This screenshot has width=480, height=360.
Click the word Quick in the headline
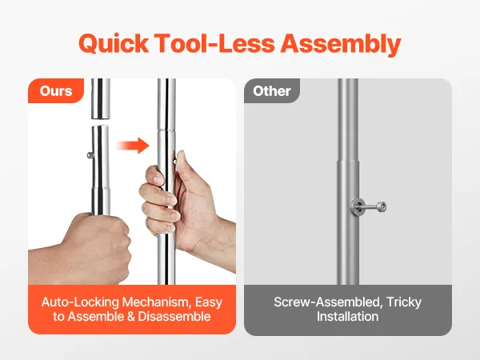(x=114, y=44)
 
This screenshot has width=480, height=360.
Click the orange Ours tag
(x=56, y=91)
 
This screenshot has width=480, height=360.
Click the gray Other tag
(x=272, y=91)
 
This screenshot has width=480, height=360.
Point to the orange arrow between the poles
(x=133, y=146)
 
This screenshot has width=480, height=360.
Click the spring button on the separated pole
(x=90, y=155)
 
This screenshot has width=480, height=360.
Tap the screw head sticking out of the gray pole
(x=381, y=206)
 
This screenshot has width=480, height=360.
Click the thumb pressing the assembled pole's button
(x=180, y=166)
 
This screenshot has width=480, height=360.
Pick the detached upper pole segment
(x=101, y=98)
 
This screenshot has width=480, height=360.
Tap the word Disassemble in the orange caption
(x=174, y=317)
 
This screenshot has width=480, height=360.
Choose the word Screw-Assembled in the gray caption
(x=328, y=302)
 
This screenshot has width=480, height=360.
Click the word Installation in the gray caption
(x=347, y=317)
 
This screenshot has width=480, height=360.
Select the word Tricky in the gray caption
(x=404, y=302)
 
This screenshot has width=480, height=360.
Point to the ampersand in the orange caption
(x=130, y=317)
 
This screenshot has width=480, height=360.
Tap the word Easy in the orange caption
(x=209, y=302)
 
